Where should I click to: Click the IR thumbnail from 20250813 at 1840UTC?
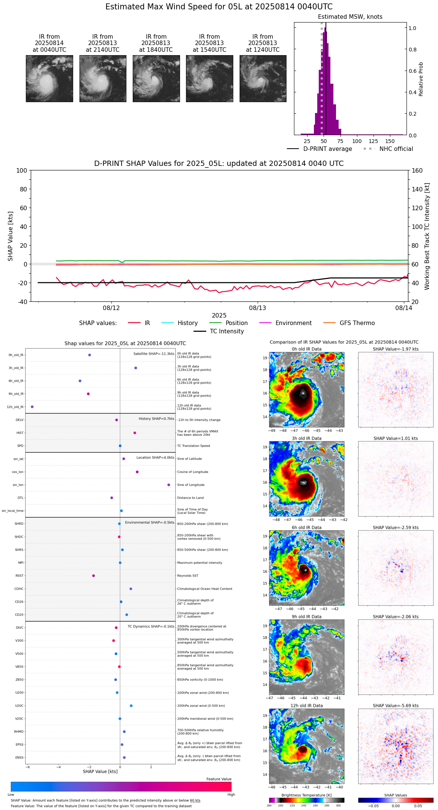click(x=156, y=78)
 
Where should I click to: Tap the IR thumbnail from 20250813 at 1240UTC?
click(x=263, y=78)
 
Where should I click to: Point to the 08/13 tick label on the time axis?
click(x=258, y=308)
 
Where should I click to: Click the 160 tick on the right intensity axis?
click(x=417, y=171)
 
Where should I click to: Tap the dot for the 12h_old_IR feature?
click(x=32, y=407)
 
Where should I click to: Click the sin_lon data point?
click(x=169, y=485)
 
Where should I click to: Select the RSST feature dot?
click(x=93, y=576)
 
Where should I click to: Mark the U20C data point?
click(x=131, y=706)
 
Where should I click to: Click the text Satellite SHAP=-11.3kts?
click(x=154, y=354)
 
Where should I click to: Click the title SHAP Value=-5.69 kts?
click(x=396, y=706)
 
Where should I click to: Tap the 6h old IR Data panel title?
click(x=306, y=528)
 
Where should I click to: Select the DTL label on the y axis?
click(x=20, y=498)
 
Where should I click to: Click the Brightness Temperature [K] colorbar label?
click(x=306, y=795)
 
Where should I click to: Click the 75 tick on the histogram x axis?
click(x=340, y=142)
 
